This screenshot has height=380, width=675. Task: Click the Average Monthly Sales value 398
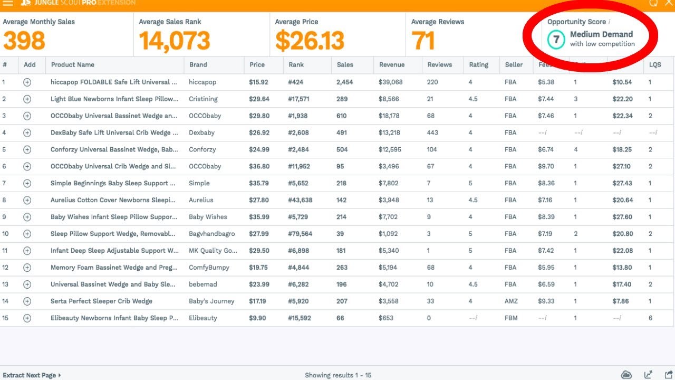pyautogui.click(x=24, y=41)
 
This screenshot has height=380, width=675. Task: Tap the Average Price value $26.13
pyautogui.click(x=310, y=41)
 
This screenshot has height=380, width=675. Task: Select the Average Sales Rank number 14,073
pyautogui.click(x=175, y=41)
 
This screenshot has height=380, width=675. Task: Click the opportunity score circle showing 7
pyautogui.click(x=556, y=39)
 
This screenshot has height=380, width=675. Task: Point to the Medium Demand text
pyautogui.click(x=601, y=34)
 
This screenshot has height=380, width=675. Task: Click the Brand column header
pyautogui.click(x=198, y=65)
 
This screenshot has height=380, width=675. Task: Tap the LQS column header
pyautogui.click(x=655, y=65)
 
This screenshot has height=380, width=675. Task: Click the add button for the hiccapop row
pyautogui.click(x=27, y=82)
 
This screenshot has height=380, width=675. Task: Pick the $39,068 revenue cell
pyautogui.click(x=390, y=82)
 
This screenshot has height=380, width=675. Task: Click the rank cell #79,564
pyautogui.click(x=300, y=234)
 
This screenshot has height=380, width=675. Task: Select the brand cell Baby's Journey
pyautogui.click(x=211, y=301)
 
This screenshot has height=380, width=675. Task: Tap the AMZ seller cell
pyautogui.click(x=511, y=301)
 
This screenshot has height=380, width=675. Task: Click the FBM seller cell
pyautogui.click(x=510, y=318)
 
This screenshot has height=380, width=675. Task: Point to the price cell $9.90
pyautogui.click(x=257, y=318)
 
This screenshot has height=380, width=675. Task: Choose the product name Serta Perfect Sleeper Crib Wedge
pyautogui.click(x=101, y=301)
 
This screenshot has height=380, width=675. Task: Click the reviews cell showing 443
pyautogui.click(x=433, y=133)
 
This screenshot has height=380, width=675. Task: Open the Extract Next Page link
pyautogui.click(x=31, y=375)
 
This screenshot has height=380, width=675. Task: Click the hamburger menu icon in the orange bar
pyautogui.click(x=8, y=3)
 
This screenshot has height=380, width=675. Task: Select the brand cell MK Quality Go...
pyautogui.click(x=213, y=251)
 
